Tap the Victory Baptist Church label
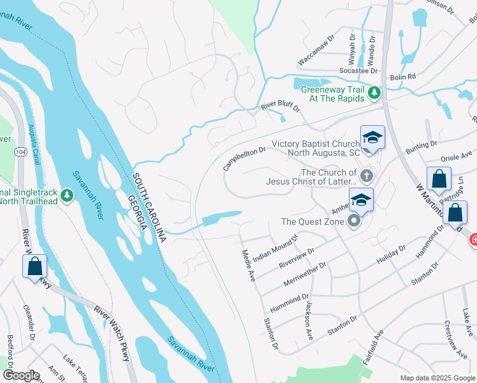click(x=316, y=148)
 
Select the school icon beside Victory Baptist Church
click(x=372, y=137)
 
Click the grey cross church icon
click(x=366, y=176)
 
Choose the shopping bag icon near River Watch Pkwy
click(x=34, y=266)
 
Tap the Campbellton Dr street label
click(x=244, y=158)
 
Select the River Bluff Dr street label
click(x=280, y=107)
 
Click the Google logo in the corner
click(x=20, y=375)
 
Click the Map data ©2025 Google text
click(x=437, y=377)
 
